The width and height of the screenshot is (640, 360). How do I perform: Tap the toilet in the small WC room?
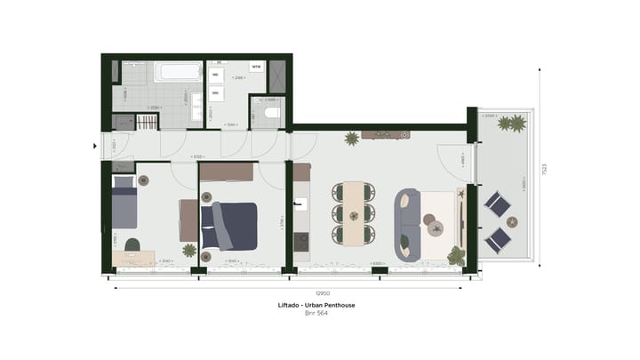pyautogui.click(x=270, y=114)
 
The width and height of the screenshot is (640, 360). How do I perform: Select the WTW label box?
pyautogui.click(x=257, y=67)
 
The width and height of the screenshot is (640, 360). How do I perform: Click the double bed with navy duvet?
pyautogui.click(x=230, y=225)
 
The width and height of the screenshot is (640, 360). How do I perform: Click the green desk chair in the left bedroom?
pyautogui.click(x=132, y=243)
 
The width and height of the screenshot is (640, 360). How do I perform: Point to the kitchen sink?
pyautogui.click(x=301, y=205)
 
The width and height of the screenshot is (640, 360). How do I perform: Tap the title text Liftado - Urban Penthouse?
pyautogui.click(x=310, y=305)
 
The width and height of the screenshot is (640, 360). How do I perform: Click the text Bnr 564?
pyautogui.click(x=310, y=314)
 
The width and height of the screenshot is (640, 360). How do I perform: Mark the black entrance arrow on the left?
pyautogui.click(x=96, y=144)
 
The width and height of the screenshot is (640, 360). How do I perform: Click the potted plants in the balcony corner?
pyautogui.click(x=511, y=124)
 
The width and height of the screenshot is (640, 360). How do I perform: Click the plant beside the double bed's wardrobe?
pyautogui.click(x=188, y=250)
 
